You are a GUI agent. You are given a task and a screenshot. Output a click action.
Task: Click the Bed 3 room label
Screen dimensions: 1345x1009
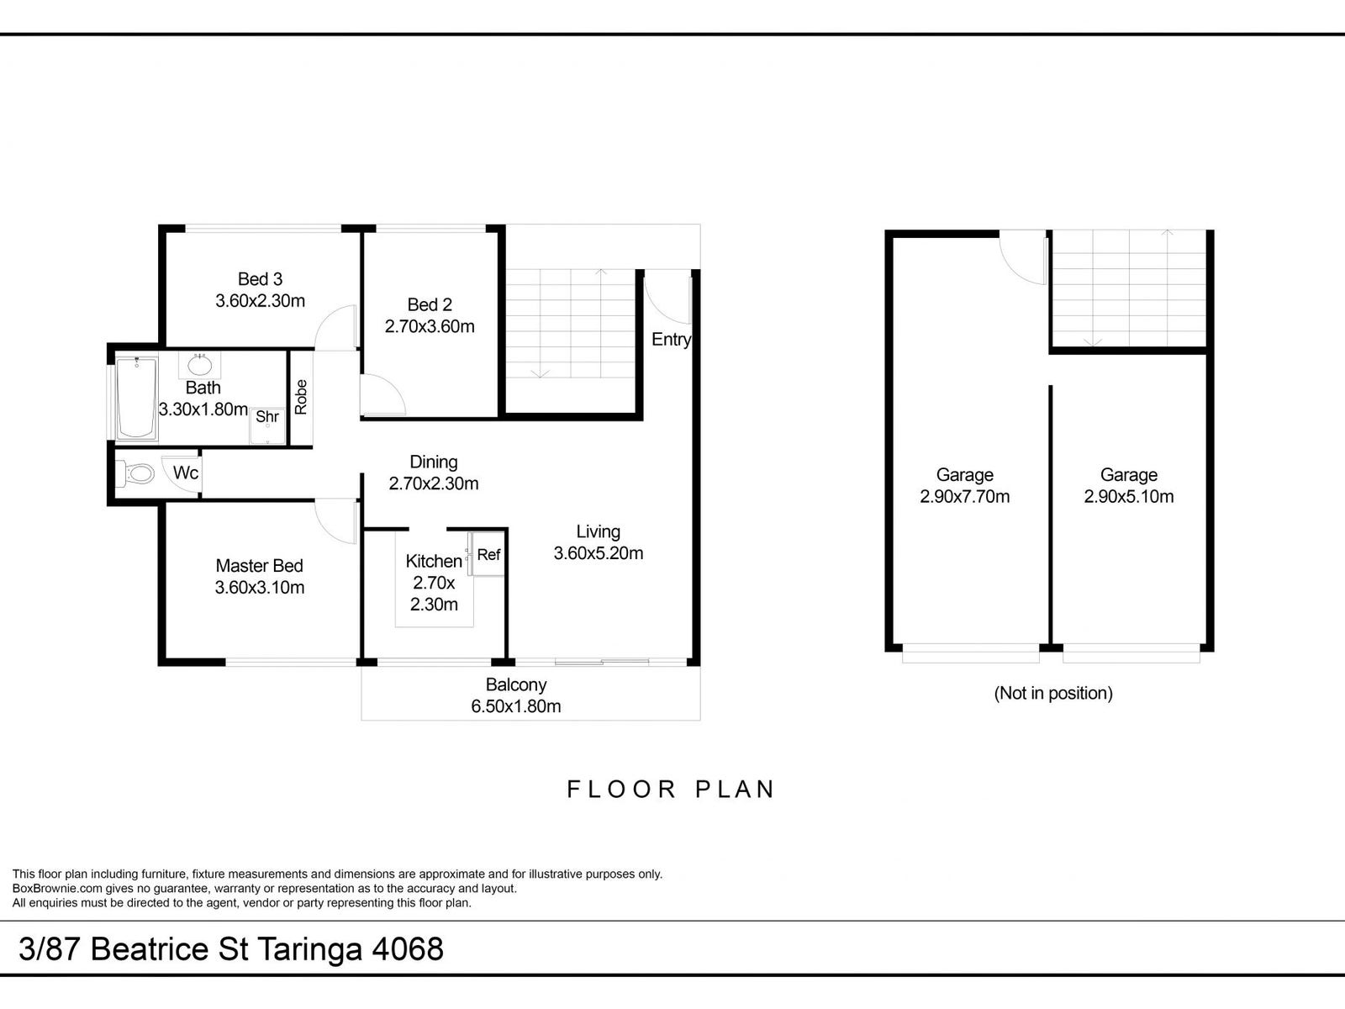click(260, 279)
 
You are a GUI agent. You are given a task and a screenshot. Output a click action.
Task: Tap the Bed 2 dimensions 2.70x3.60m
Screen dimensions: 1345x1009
click(430, 326)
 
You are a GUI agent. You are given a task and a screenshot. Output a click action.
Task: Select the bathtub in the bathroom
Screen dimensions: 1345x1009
click(136, 399)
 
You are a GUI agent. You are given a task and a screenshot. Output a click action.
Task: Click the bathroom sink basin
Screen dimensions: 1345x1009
click(199, 365)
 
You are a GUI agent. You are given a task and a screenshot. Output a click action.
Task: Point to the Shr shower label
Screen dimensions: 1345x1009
click(267, 417)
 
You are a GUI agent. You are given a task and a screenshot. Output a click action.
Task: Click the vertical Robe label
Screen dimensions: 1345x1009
click(301, 397)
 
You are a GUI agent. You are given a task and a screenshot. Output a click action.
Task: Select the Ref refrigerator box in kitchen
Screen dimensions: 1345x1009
click(488, 554)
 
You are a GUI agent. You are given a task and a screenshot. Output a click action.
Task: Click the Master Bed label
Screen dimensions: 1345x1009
click(259, 565)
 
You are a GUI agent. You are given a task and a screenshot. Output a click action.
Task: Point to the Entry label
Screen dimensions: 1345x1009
click(671, 340)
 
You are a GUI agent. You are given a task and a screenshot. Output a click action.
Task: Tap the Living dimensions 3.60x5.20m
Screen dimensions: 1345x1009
click(598, 553)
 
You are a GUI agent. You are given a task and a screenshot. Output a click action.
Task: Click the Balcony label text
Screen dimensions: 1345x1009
click(516, 684)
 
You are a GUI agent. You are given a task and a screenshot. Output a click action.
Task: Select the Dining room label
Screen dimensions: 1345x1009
click(433, 462)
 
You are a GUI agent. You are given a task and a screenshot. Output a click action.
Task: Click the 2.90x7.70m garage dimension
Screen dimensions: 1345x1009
click(964, 496)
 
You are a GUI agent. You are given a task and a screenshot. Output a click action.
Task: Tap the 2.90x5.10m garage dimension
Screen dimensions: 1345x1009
click(1129, 496)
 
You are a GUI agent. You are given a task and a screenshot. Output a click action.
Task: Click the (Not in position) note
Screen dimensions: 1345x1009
click(1053, 693)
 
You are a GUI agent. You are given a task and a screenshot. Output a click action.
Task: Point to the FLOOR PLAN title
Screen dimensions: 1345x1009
click(671, 789)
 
